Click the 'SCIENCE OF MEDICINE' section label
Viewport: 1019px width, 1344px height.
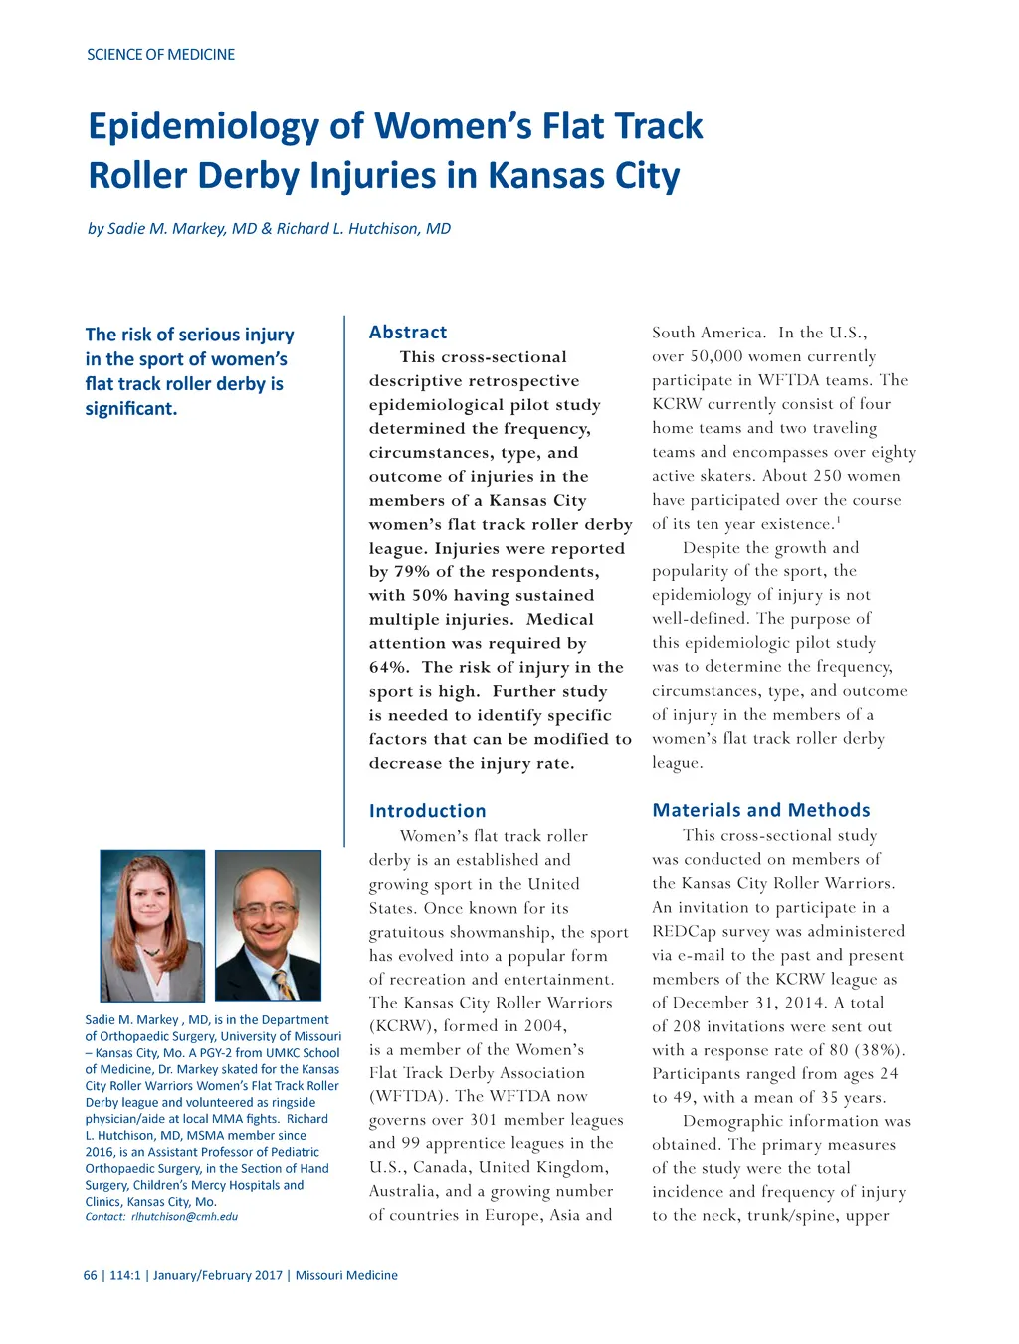coord(160,55)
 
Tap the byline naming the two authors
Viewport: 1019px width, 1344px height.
coord(269,229)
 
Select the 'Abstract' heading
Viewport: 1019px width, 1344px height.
coord(408,333)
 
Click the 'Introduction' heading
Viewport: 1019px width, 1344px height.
coord(428,811)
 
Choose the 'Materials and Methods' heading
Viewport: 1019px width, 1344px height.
coord(761,810)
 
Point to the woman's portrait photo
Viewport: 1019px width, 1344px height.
coord(152,925)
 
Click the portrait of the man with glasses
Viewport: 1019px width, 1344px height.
coord(268,925)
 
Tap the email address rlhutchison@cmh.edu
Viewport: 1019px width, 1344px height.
coord(184,1216)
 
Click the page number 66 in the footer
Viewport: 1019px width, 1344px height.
coord(91,1275)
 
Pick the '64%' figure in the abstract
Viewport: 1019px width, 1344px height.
coord(388,668)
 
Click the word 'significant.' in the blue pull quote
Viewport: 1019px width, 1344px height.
coord(131,409)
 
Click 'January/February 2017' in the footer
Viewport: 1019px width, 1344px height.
coord(218,1275)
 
